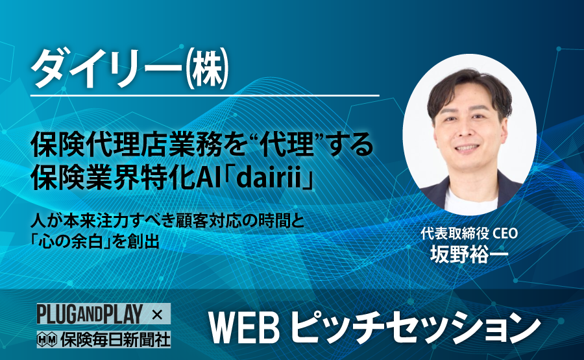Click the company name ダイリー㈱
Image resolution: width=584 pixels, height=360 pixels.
coord(129,69)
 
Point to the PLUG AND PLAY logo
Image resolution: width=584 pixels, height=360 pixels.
coord(90,314)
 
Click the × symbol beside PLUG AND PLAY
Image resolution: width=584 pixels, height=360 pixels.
coord(157,315)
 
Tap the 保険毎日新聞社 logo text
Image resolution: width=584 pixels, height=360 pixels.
coord(116,339)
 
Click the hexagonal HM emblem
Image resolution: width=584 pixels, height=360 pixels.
coord(47,339)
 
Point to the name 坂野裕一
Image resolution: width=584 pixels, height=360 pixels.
coord(469,254)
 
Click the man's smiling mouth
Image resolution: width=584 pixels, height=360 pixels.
coord(467,148)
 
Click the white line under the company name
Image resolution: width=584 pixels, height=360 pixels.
coord(204,96)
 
